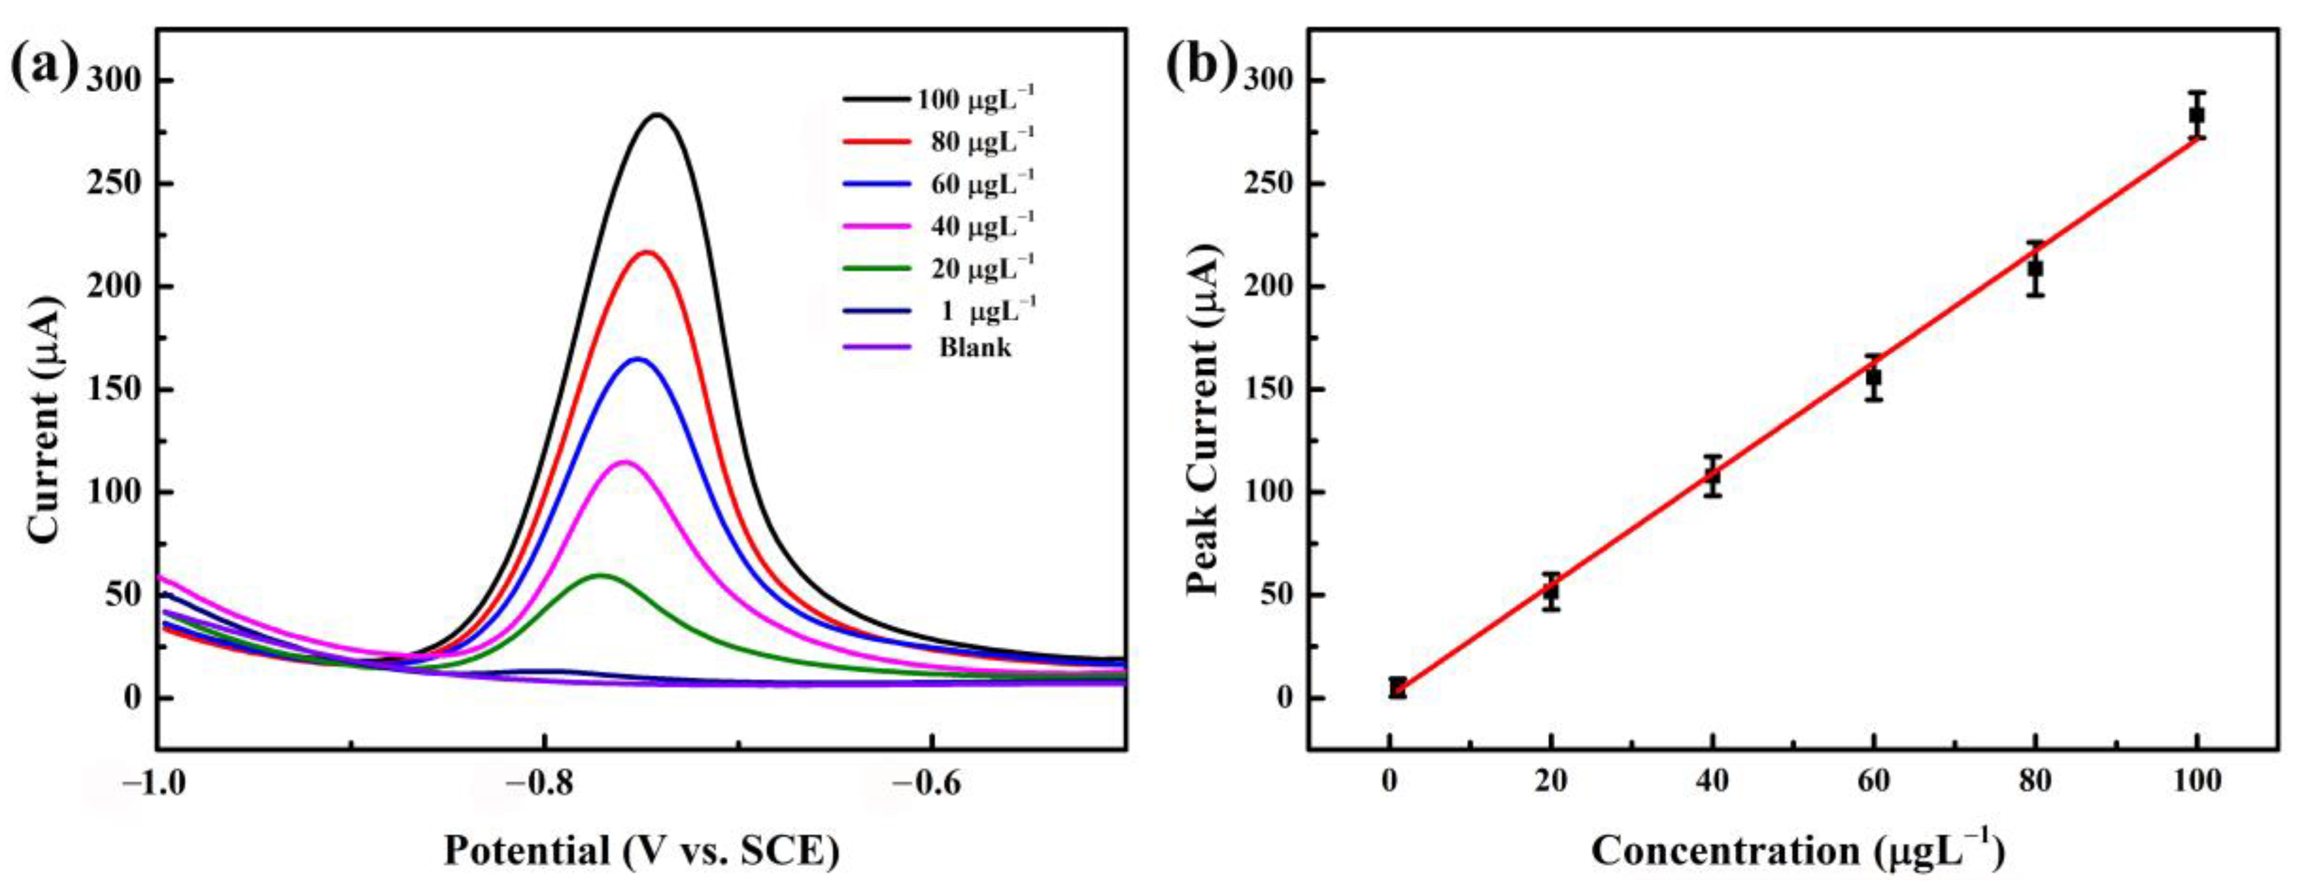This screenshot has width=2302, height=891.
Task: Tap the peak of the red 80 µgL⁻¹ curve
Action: point(647,253)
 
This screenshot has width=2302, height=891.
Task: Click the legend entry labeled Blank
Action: point(974,347)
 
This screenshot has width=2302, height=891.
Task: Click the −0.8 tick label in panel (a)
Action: point(542,782)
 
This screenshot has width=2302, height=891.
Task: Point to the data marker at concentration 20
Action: point(1551,591)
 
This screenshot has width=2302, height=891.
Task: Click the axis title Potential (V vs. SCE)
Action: point(642,851)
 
